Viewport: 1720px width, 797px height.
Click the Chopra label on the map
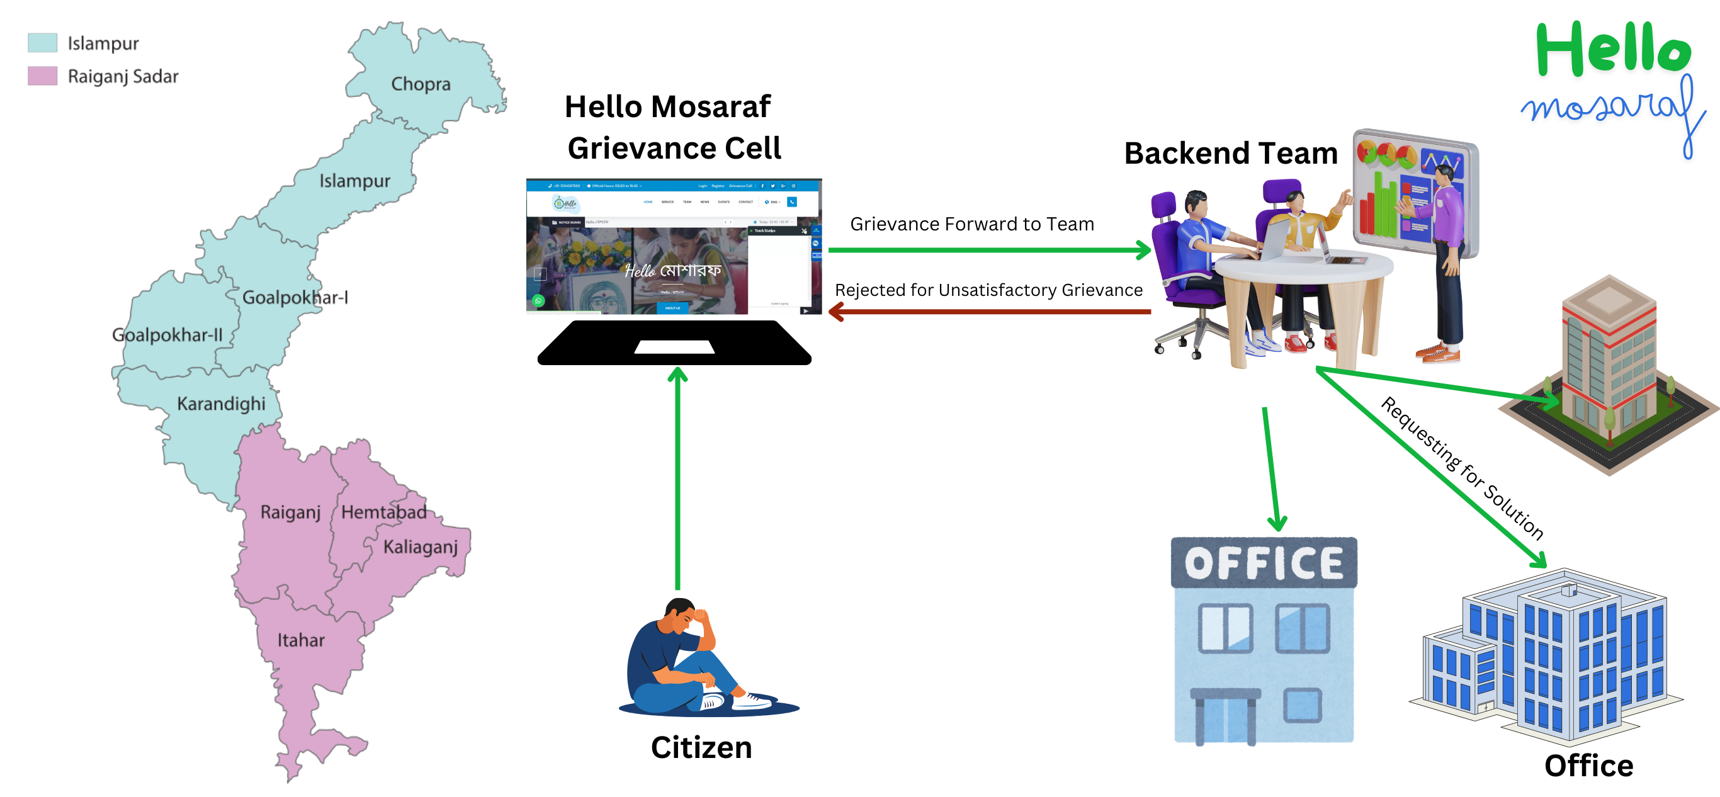click(421, 84)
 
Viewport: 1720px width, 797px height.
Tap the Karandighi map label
click(221, 404)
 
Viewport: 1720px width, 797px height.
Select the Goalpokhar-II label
click(167, 334)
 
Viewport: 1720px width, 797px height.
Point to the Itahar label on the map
click(301, 640)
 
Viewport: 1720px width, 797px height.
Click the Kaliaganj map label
click(421, 547)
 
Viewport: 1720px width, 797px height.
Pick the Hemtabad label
click(384, 512)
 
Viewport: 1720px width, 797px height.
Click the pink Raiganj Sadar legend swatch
click(42, 76)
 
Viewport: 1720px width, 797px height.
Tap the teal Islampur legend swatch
click(42, 43)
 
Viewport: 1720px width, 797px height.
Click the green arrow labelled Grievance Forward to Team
click(988, 251)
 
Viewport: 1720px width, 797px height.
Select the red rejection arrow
click(988, 311)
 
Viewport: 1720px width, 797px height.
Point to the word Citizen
click(701, 748)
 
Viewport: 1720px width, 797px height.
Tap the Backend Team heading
click(1231, 154)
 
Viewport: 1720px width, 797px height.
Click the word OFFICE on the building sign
click(1264, 563)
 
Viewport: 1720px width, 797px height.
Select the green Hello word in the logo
click(1613, 50)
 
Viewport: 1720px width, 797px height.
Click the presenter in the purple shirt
click(1446, 220)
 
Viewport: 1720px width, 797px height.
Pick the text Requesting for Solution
click(1463, 468)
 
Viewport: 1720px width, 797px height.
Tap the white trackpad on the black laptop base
click(674, 347)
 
